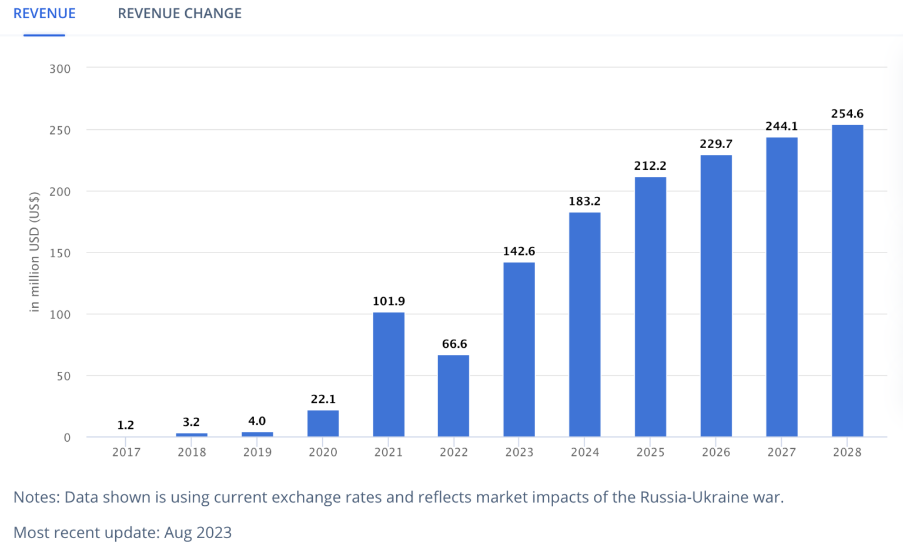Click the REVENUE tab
pyautogui.click(x=45, y=14)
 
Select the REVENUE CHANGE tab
pyautogui.click(x=179, y=14)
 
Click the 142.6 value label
pyautogui.click(x=519, y=251)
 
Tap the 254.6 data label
pyautogui.click(x=847, y=114)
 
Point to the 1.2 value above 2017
pyautogui.click(x=126, y=425)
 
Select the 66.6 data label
pyautogui.click(x=454, y=344)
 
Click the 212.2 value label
pyautogui.click(x=650, y=166)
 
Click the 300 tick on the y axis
pyautogui.click(x=60, y=69)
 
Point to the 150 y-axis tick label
pyautogui.click(x=60, y=253)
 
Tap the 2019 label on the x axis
pyautogui.click(x=257, y=452)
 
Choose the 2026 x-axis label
pyautogui.click(x=716, y=452)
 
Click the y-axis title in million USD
pyautogui.click(x=34, y=251)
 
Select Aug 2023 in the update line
pyautogui.click(x=198, y=533)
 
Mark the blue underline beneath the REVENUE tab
pyautogui.click(x=44, y=35)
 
